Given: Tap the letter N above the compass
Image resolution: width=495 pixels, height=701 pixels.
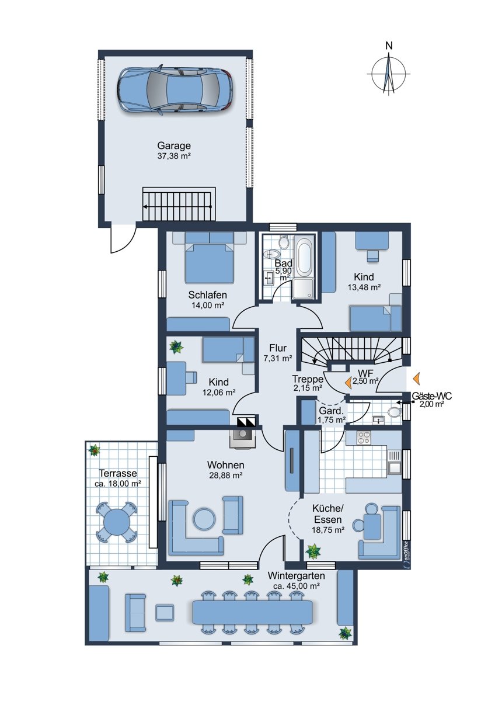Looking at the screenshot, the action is tap(389, 46).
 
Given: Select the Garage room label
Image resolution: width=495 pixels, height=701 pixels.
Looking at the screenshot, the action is tap(174, 145).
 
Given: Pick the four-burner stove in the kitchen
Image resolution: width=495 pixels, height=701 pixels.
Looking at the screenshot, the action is tap(363, 437).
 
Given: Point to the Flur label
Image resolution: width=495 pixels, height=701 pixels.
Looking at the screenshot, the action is tap(278, 348).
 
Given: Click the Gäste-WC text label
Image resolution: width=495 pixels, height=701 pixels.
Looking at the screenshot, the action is tap(431, 396).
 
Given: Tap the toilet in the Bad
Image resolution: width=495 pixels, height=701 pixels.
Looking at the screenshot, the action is tap(284, 242).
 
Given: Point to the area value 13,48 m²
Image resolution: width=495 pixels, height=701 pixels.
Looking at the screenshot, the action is tap(364, 287).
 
